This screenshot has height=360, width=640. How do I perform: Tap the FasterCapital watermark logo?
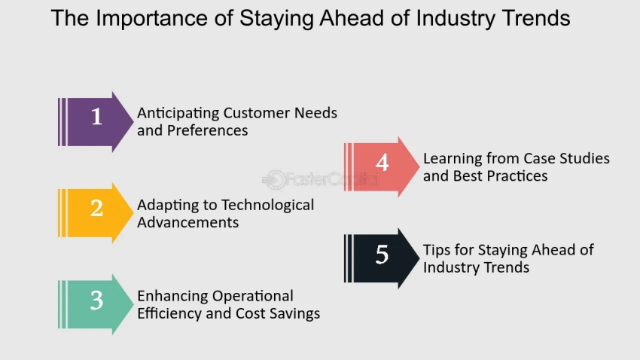click(319, 179)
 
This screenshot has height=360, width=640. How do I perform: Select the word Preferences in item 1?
click(207, 130)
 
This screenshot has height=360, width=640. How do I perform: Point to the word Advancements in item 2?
click(187, 222)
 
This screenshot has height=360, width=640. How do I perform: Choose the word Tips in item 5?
click(436, 251)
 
